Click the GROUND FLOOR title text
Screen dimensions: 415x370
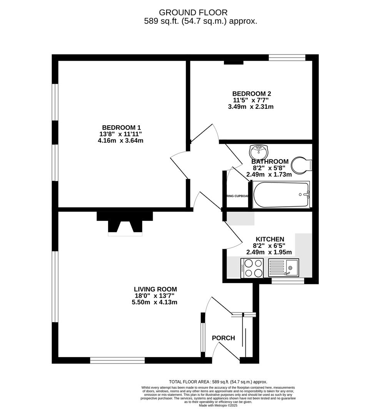tap(193, 13)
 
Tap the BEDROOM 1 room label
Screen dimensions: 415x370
tap(121, 128)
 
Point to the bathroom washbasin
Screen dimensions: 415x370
tap(257, 151)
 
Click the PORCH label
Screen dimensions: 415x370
tap(223, 338)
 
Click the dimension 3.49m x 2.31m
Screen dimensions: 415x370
tap(251, 107)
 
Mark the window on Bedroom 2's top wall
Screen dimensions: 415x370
tap(287, 58)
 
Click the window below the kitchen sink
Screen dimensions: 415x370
tap(288, 281)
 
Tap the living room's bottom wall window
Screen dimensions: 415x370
tap(117, 360)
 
